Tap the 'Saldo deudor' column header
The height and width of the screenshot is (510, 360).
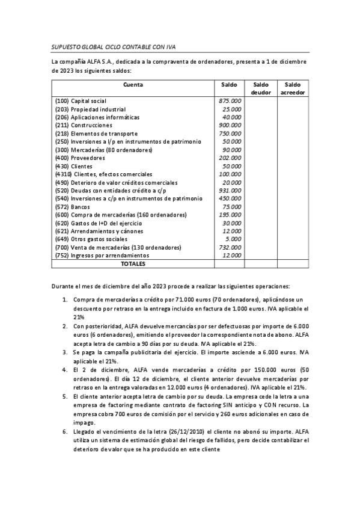(260, 88)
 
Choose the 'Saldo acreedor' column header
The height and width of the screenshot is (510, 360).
(293, 88)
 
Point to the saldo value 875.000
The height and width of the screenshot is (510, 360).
(230, 101)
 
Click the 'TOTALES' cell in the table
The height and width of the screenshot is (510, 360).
(133, 263)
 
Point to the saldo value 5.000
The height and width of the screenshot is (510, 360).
(234, 239)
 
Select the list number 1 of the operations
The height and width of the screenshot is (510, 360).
(65, 300)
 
